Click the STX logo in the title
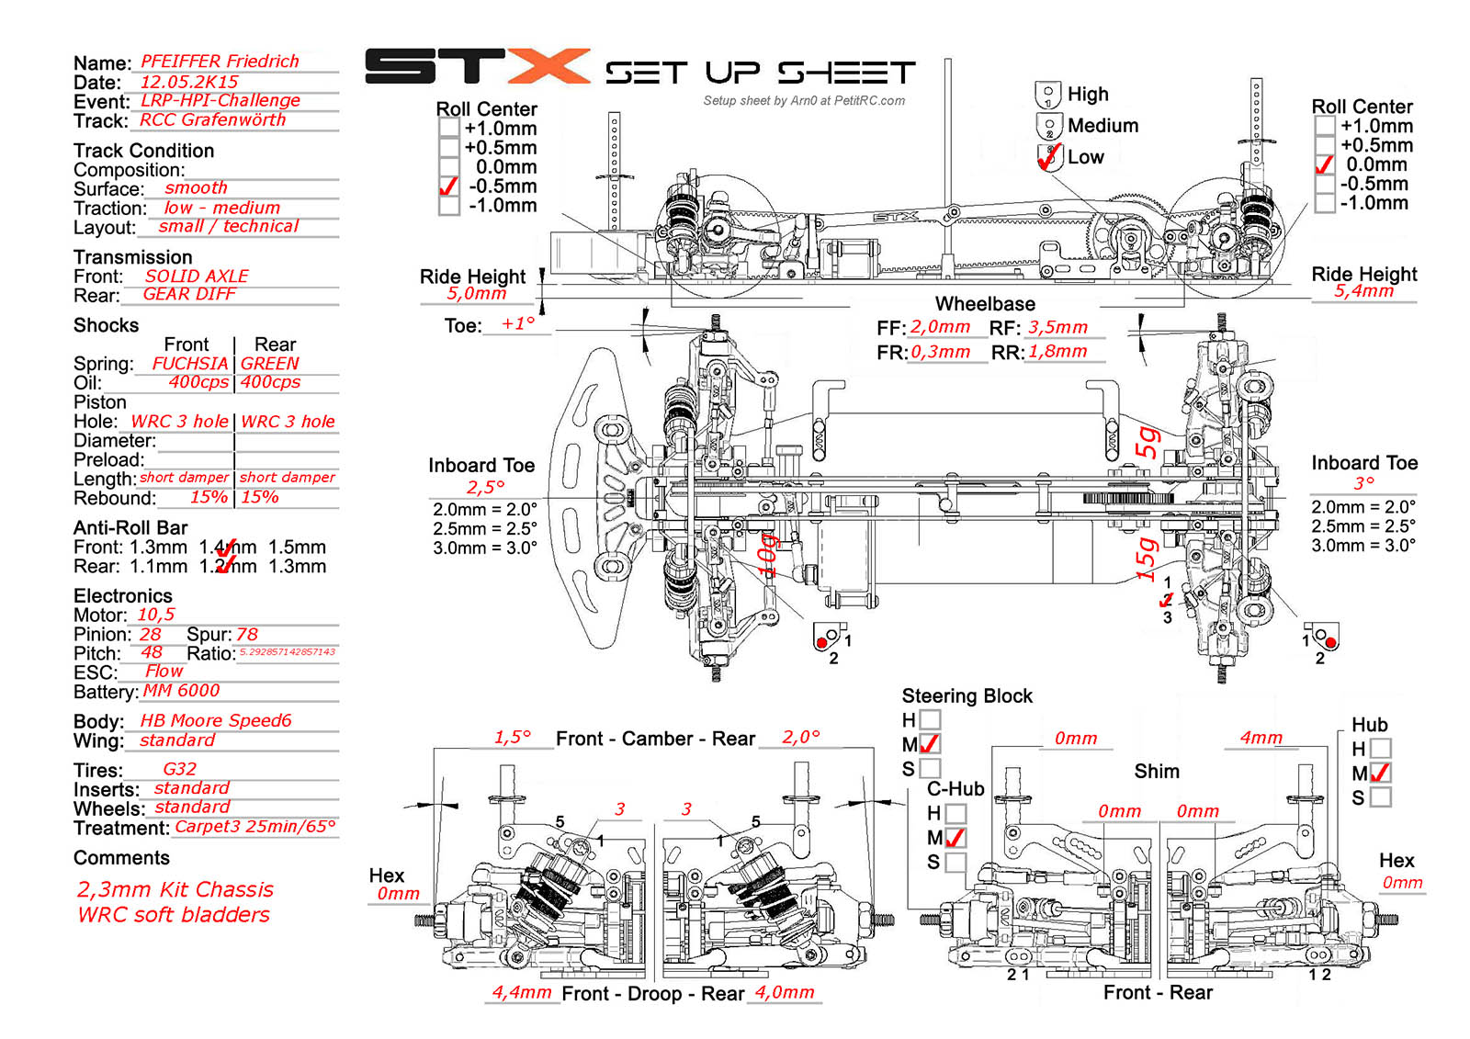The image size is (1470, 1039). tap(477, 67)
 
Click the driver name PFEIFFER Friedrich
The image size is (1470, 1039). tap(220, 62)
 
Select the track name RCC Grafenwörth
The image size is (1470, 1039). tap(212, 120)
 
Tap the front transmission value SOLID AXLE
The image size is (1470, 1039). tap(197, 277)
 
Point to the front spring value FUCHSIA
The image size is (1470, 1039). tap(189, 364)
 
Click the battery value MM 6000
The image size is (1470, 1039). tap(181, 691)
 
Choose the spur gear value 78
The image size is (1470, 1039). tap(247, 635)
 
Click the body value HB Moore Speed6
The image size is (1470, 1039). tap(216, 721)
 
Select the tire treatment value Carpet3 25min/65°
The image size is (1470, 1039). tap(255, 827)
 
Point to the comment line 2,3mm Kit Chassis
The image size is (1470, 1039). tap(175, 890)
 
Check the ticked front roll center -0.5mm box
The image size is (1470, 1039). tap(448, 186)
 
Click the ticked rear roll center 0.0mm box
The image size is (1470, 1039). tap(1324, 165)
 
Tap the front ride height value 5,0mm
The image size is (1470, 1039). tap(477, 294)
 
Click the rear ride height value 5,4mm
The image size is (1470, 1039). tap(1363, 291)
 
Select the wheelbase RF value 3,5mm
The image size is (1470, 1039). tap(1057, 328)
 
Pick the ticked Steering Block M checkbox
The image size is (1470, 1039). tap(930, 744)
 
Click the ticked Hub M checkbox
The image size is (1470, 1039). tap(1380, 774)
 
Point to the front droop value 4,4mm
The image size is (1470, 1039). tap(522, 992)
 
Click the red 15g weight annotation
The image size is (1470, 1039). tap(1146, 559)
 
